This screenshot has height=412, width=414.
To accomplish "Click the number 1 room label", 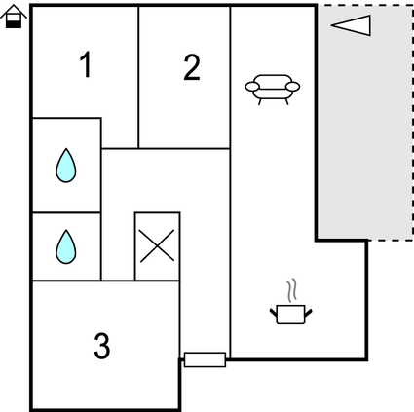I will [86, 66].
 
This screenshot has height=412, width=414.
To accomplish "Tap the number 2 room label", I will [192, 67].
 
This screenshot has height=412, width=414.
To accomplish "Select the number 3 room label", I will [101, 345].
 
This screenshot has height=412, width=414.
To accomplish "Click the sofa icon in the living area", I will [273, 89].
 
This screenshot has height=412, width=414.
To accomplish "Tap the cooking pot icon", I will [290, 314].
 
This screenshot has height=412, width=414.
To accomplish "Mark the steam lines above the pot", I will [290, 291].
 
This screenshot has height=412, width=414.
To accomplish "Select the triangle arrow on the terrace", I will [351, 25].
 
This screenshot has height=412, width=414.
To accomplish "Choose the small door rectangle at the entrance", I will [205, 360].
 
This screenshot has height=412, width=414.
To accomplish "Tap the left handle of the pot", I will [273, 312].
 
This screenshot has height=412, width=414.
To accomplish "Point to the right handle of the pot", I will [309, 312].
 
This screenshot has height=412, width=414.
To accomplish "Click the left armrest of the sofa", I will [251, 88].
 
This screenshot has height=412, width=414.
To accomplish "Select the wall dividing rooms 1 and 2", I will [138, 78].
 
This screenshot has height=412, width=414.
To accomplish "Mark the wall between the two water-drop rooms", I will [66, 211].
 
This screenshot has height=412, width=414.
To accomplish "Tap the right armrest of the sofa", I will [294, 88].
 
